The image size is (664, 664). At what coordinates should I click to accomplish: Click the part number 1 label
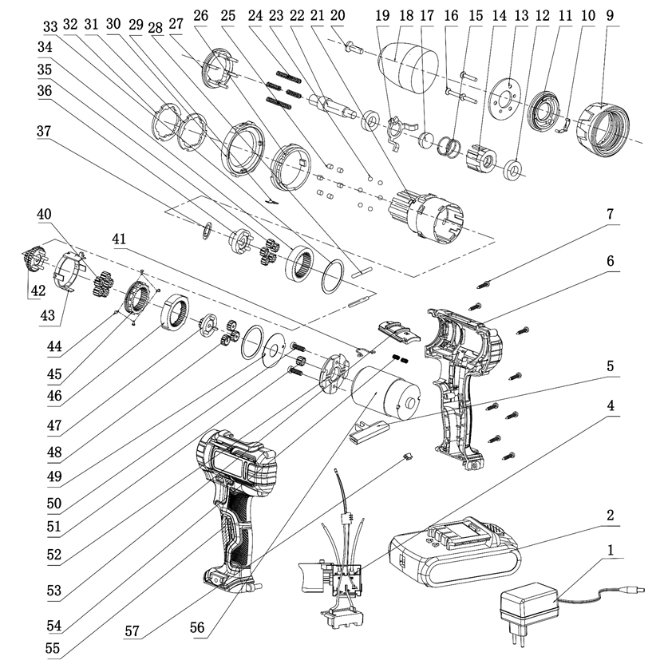point(611,550)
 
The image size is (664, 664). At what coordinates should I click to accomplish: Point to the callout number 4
point(611,405)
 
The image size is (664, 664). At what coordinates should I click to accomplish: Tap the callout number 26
point(200,15)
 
